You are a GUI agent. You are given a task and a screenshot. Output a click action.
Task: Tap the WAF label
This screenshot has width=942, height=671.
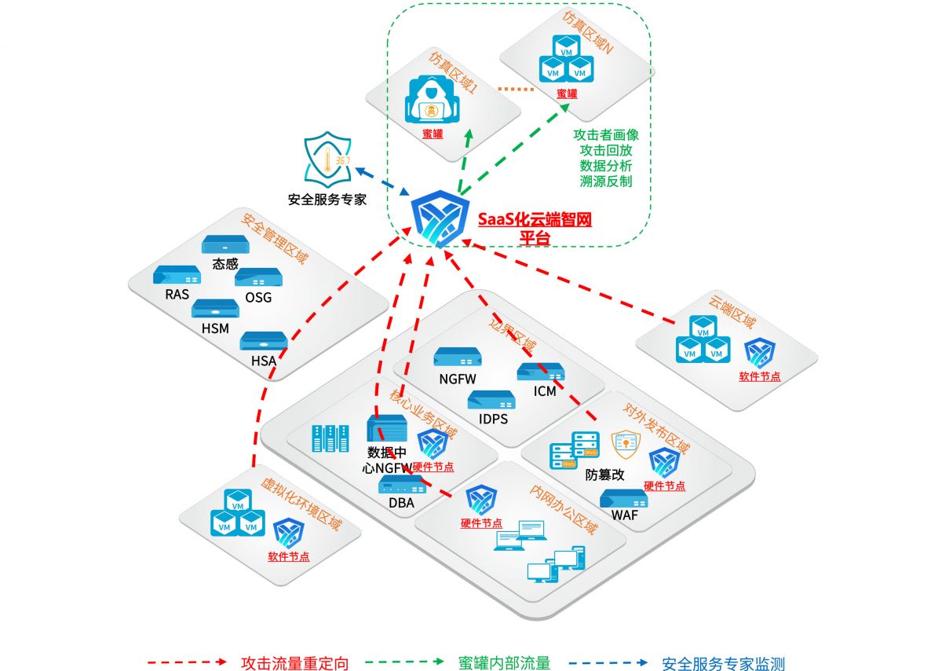point(625,516)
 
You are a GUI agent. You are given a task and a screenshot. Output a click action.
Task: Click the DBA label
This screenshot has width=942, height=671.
point(401,503)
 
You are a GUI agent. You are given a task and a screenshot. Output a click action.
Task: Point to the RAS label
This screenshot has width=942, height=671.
point(177,295)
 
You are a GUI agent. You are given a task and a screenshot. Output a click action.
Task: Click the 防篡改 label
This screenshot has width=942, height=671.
point(604,475)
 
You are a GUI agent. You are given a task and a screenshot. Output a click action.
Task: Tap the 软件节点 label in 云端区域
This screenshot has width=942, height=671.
point(760,376)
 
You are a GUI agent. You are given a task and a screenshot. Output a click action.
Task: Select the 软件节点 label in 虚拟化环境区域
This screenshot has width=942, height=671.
point(288,557)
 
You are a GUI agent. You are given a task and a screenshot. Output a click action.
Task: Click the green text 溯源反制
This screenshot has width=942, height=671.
point(606,181)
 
